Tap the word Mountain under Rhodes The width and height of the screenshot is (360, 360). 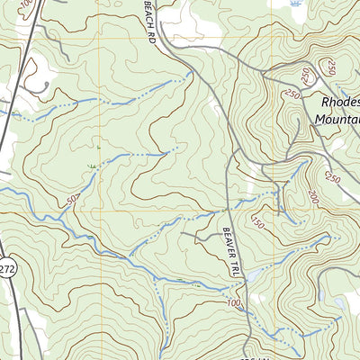point(338,118)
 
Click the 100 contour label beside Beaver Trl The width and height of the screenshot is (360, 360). point(236,304)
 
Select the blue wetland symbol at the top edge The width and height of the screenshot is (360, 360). point(298,4)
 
